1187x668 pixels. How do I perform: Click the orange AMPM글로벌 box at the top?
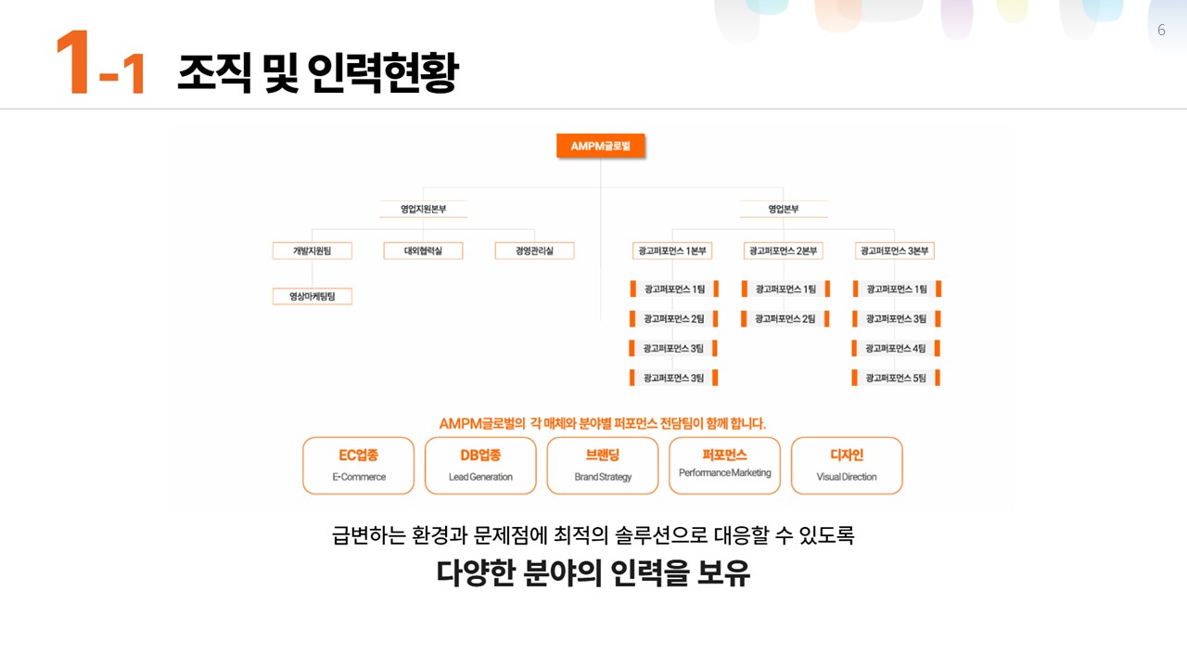point(601,146)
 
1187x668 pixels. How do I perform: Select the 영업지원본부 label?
point(423,210)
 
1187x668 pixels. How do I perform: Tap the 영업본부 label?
point(783,210)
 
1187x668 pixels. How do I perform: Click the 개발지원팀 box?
point(312,250)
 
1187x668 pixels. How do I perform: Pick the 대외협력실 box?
point(423,250)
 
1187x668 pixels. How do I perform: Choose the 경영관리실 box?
point(534,250)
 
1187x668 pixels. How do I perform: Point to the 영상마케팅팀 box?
point(312,297)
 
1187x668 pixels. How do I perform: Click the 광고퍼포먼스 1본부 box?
point(672,250)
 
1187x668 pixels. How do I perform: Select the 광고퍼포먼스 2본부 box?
point(784,250)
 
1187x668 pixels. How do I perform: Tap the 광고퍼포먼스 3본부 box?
point(895,250)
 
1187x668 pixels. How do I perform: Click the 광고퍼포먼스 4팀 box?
point(896,349)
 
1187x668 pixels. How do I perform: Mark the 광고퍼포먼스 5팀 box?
point(896,379)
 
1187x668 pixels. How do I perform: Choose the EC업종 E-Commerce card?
point(359,466)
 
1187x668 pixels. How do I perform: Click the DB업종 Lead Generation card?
point(480,466)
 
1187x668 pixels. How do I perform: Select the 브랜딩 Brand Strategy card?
point(603,466)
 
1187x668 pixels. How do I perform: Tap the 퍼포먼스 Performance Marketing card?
point(724,466)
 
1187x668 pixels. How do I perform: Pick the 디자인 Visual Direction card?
point(847,466)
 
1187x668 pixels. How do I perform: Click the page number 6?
point(1161,31)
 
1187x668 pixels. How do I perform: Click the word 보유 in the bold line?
point(722,573)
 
